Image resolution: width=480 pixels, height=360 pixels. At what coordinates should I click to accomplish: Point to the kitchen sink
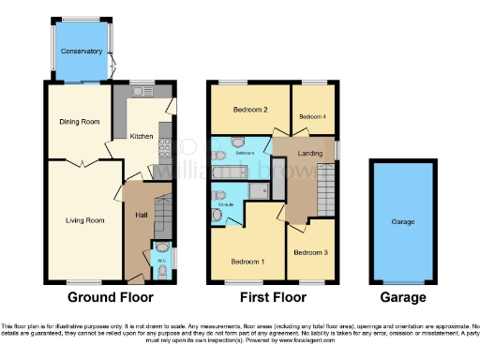pos(142,92)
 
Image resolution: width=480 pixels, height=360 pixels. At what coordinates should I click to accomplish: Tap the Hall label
pos(139,214)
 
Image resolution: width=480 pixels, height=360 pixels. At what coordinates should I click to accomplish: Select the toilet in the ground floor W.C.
pos(163,271)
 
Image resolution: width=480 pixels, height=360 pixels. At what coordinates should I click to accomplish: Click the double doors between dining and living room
pos(84,164)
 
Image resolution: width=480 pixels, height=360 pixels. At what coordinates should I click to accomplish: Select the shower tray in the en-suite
pos(258,192)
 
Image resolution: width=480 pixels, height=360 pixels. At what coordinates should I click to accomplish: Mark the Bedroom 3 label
pos(310,252)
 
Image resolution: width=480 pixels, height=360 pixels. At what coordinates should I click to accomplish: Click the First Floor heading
pos(274,296)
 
